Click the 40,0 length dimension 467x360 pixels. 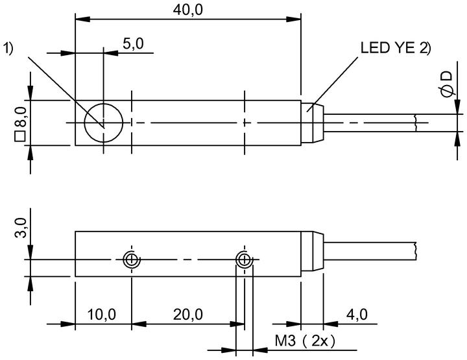pos(188,10)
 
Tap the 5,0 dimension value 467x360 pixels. pos(133,43)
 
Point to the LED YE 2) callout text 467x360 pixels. pos(396,47)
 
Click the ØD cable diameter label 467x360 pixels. pos(446,84)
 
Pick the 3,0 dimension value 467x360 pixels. pos(21,228)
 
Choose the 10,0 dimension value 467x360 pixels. pos(102,315)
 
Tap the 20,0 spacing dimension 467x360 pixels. pos(188,315)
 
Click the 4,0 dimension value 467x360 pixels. pos(357,315)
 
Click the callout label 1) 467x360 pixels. pos(8,48)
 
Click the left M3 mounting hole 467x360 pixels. pos(131,259)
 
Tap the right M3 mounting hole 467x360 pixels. pos(245,259)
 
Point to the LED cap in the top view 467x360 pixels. pos(313,123)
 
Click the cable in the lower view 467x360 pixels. pos(370,251)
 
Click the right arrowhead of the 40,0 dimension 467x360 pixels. pos(294,19)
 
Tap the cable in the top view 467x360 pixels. pos(370,123)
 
